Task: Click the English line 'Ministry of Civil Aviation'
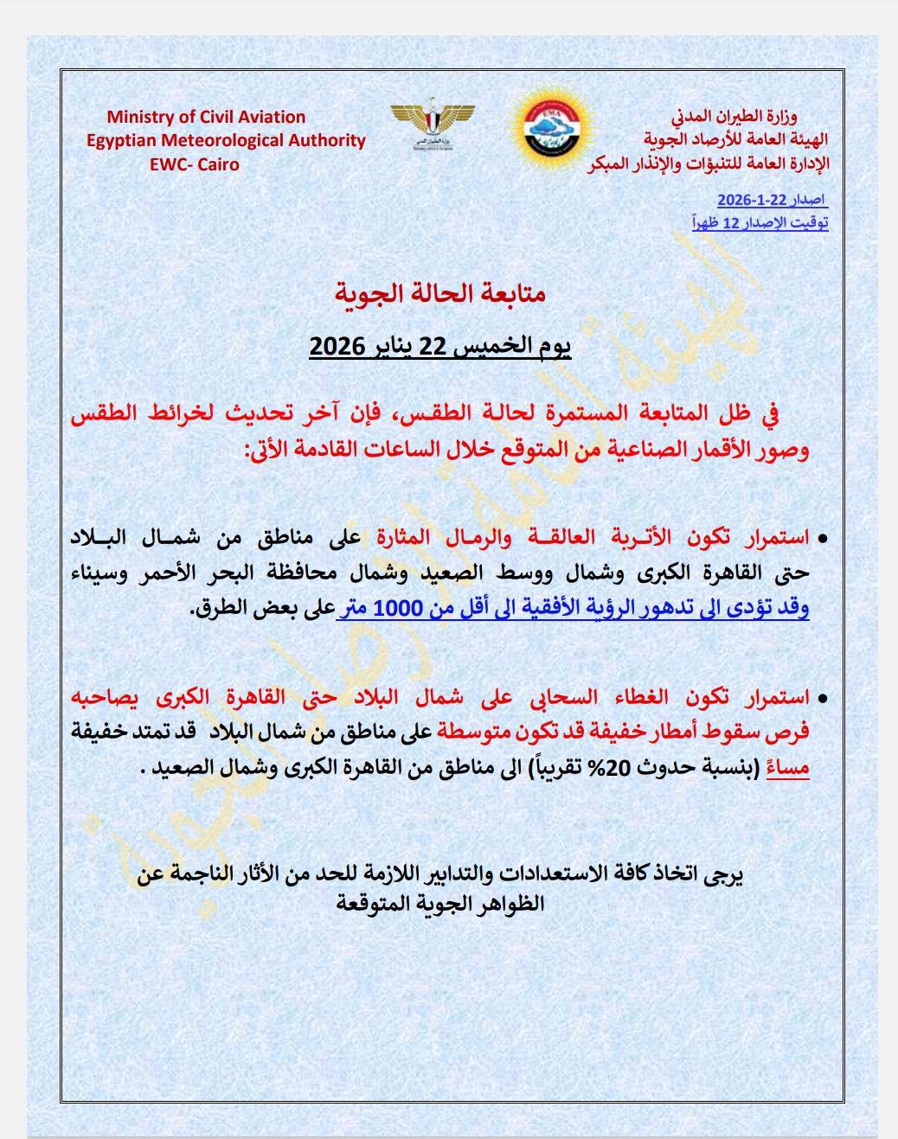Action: tap(206, 117)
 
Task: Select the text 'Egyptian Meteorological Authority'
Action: tap(226, 140)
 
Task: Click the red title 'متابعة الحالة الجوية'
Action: tap(439, 294)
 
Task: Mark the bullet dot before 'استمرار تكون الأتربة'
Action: tap(822, 539)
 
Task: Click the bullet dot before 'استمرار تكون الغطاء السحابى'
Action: tap(822, 697)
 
